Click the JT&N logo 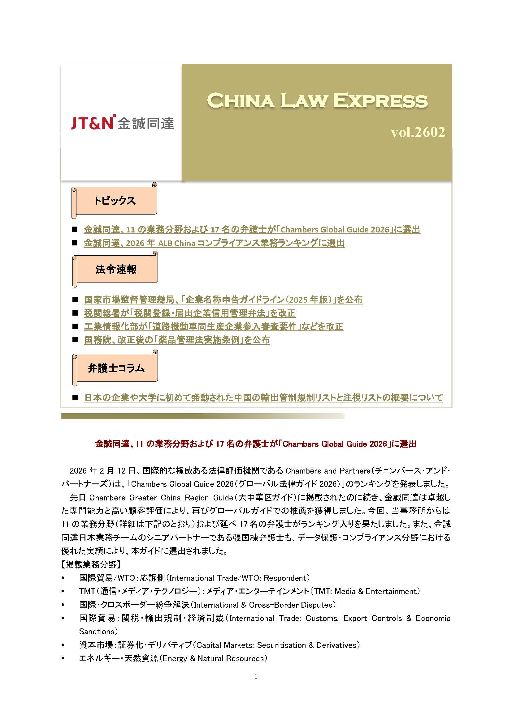tap(122, 123)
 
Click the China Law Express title tap(317, 101)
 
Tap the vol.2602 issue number tap(418, 132)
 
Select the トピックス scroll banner tap(115, 201)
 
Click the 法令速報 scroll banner tap(116, 269)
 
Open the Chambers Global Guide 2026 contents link tap(252, 230)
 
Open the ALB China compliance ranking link tap(214, 243)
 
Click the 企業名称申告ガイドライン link tap(223, 300)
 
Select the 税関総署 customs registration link tap(189, 313)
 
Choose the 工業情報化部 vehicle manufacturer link tap(214, 326)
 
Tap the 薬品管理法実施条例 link tap(177, 340)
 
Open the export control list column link tap(263, 398)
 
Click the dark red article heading tap(256, 444)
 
